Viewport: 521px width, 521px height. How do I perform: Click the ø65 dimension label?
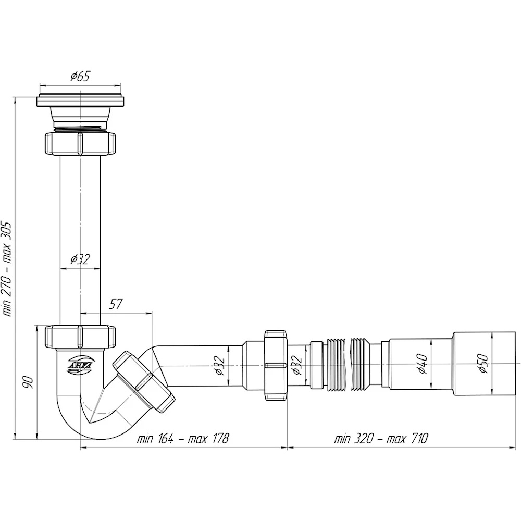(80, 77)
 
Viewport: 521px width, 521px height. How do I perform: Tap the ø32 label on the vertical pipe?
(80, 259)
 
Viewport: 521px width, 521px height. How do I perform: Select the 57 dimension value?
(116, 304)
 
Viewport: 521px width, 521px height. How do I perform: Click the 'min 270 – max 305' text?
(7, 269)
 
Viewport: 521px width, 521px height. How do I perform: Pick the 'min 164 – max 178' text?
(183, 439)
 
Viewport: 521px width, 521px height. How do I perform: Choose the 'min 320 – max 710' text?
(381, 439)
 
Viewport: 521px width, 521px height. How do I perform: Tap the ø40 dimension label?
(423, 364)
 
